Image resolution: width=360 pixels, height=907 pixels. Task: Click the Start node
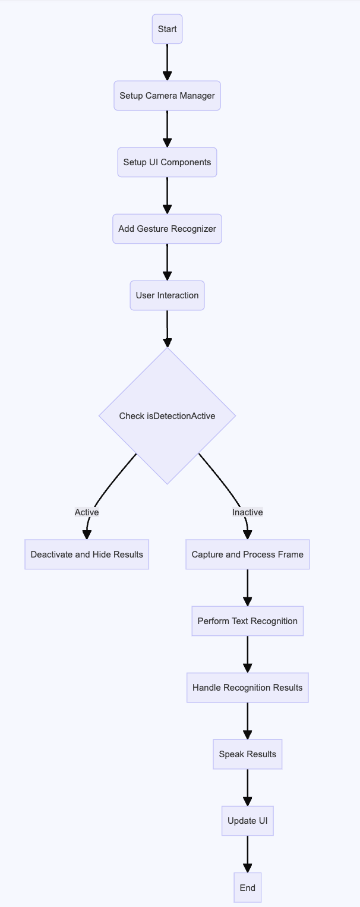point(167,29)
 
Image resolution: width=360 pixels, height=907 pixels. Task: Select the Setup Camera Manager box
point(167,96)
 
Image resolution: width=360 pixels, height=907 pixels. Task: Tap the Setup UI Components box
point(167,162)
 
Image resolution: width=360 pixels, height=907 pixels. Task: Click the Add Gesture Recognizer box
point(167,229)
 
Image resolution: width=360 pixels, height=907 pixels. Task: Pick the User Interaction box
point(167,295)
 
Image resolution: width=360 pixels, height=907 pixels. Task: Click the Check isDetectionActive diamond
point(167,416)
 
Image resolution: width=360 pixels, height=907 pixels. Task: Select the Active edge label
point(87,512)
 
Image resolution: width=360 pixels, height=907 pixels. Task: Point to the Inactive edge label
point(248,512)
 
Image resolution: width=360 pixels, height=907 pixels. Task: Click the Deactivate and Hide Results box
point(87,555)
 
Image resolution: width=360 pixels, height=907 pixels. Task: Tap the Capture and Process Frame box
point(248,555)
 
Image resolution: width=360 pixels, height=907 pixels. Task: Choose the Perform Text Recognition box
point(248,621)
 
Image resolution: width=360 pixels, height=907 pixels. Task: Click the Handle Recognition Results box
point(248,688)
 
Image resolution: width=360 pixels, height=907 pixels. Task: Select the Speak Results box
point(248,754)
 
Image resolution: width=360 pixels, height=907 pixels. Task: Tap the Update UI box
point(248,821)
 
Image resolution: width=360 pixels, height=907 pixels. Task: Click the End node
point(248,887)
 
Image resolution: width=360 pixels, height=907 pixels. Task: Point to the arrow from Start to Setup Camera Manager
point(167,62)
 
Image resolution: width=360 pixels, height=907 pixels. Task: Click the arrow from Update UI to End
point(248,854)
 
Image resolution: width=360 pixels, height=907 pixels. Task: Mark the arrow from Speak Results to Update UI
point(248,788)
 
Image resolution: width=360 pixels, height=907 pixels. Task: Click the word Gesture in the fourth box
point(151,229)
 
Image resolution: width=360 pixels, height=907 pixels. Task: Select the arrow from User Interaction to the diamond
point(167,329)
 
